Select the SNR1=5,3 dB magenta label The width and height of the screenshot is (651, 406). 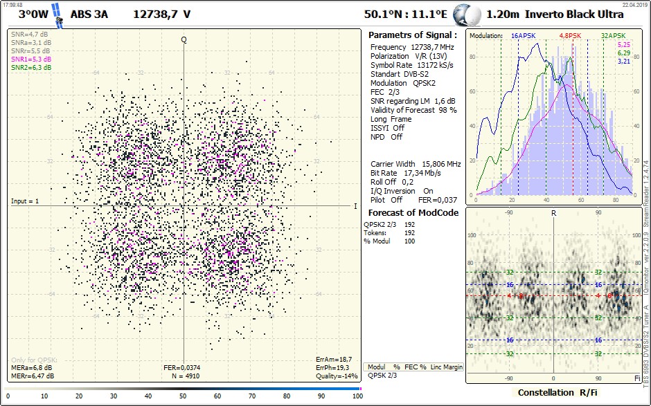[30, 59]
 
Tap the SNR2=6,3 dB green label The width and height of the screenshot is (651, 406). [30, 68]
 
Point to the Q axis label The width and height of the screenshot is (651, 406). [184, 39]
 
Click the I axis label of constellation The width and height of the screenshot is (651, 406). [355, 206]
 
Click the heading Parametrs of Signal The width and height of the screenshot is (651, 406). [412, 35]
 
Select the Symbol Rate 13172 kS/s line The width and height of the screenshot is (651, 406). [411, 65]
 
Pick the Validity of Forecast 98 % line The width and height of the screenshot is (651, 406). [413, 110]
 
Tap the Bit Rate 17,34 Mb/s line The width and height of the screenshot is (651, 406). [406, 173]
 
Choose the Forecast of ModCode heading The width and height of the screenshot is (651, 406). [413, 212]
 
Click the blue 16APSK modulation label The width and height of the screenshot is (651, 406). [524, 35]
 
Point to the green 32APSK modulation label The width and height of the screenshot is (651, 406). [613, 35]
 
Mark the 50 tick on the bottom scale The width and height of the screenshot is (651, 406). [183, 396]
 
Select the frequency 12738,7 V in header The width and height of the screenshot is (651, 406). [162, 14]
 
